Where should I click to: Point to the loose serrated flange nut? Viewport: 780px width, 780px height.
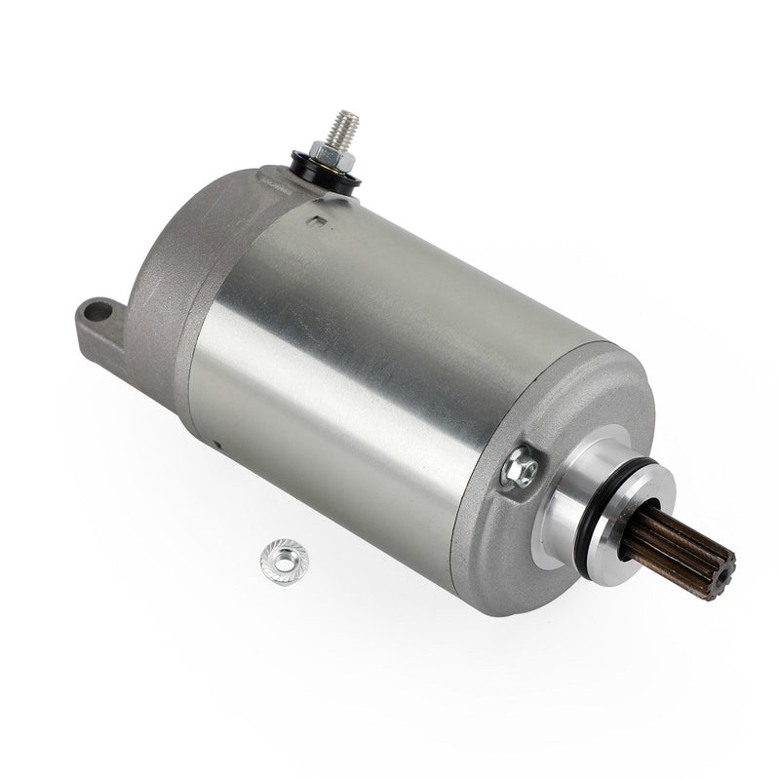tap(280, 559)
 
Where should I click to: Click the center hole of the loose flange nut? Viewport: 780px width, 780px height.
tap(280, 558)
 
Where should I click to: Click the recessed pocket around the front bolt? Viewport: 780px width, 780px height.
tap(517, 478)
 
